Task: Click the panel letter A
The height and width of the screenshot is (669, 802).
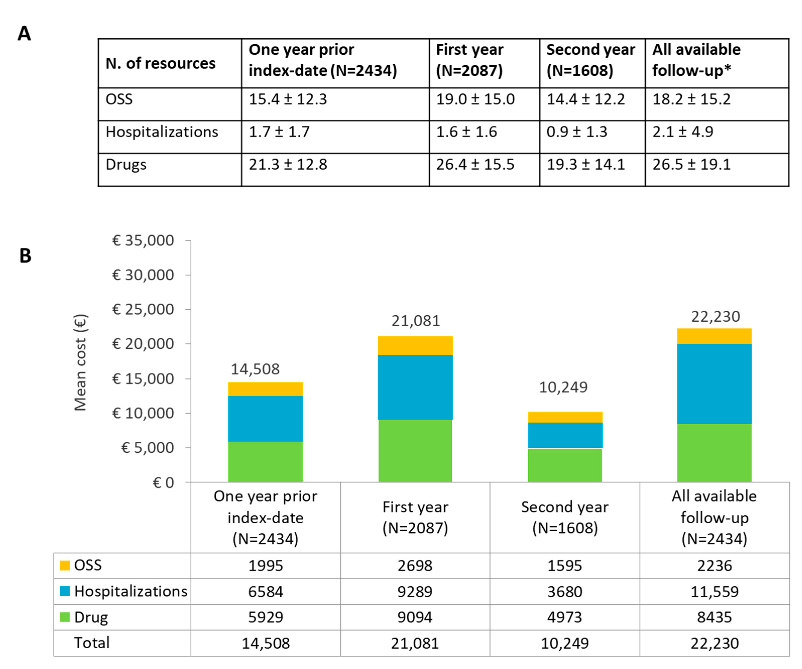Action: [24, 34]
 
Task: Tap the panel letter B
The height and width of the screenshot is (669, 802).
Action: [25, 256]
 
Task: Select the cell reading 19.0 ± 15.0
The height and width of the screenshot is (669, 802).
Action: [475, 99]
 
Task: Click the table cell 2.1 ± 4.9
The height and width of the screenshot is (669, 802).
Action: [683, 132]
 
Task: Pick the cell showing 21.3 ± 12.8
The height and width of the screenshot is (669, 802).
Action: [288, 164]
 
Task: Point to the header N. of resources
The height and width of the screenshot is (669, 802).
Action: [160, 64]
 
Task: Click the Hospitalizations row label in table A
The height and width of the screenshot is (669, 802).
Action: [162, 132]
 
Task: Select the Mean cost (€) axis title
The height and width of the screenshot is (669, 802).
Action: [81, 363]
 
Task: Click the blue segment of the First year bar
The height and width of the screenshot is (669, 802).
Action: [415, 387]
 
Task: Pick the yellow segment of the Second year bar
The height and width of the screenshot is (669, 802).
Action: [565, 417]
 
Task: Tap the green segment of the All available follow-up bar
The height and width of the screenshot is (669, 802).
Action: [714, 453]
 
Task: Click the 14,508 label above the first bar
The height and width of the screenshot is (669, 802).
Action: [255, 369]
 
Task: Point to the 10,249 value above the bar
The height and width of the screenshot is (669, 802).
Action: [563, 387]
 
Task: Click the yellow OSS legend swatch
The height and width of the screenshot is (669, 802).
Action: [65, 565]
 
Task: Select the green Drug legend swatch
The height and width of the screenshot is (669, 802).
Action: [65, 617]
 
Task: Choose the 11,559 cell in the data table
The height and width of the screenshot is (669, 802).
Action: [714, 591]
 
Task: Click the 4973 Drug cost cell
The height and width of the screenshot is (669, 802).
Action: [565, 617]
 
